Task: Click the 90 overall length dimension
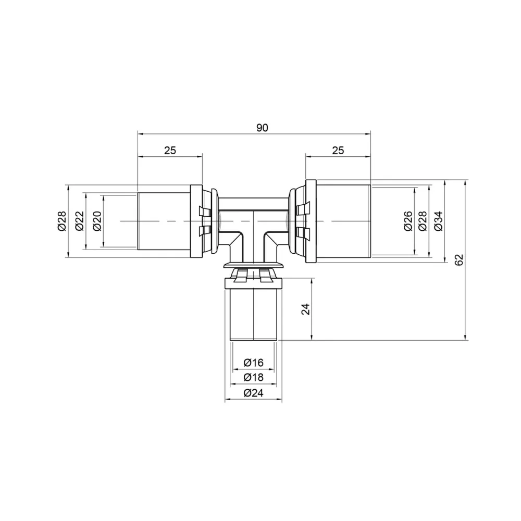tap(262, 128)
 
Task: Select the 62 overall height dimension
tap(459, 260)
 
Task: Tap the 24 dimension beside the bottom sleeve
tap(306, 309)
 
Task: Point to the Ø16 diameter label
tap(253, 363)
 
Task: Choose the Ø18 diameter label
tap(253, 377)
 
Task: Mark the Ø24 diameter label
tap(253, 393)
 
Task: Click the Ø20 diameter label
tap(97, 221)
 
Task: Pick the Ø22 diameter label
tap(80, 221)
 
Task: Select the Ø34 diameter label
tap(439, 221)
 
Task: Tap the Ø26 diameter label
tap(408, 221)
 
